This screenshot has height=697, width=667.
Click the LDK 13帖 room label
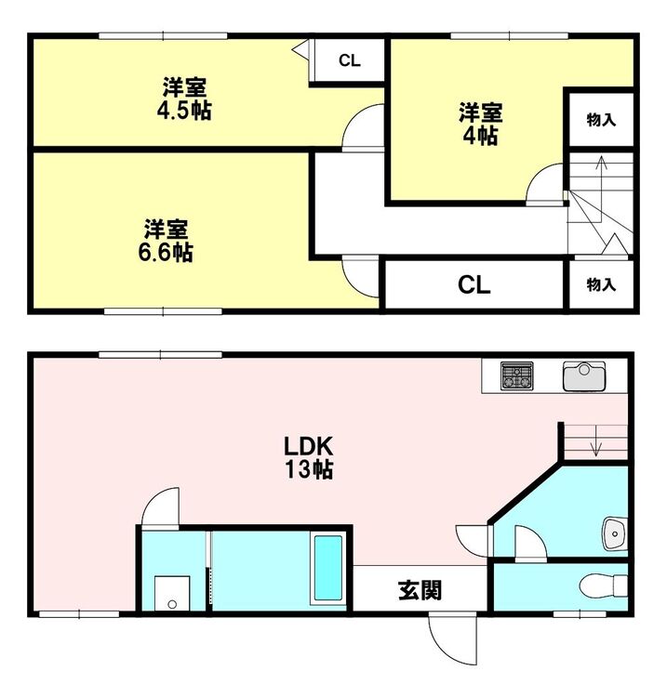coord(309,457)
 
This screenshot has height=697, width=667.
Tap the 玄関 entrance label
coord(420,591)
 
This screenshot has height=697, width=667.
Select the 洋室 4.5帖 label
coord(184,99)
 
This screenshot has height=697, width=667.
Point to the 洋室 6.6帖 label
coord(166,241)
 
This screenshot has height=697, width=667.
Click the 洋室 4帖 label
coord(481,124)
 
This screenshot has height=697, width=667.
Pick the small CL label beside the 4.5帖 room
coord(349,60)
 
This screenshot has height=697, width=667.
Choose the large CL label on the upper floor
coord(474,284)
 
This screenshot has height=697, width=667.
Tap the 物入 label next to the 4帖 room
coord(601,120)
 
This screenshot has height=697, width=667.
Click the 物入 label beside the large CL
coord(601,284)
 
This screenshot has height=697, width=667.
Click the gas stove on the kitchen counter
coord(516,376)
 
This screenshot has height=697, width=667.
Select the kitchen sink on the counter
coord(584,376)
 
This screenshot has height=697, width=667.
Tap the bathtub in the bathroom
coord(328,569)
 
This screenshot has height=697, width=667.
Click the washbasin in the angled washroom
coord(615,533)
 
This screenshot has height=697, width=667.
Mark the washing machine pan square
coord(172,594)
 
